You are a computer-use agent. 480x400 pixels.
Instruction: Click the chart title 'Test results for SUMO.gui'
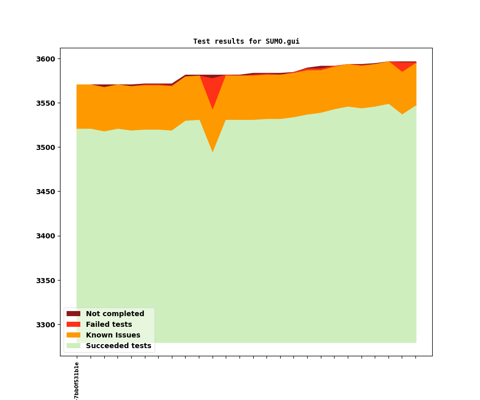(246, 41)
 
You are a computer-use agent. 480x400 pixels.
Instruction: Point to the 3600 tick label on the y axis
(46, 59)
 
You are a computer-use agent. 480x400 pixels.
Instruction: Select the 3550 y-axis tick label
(46, 103)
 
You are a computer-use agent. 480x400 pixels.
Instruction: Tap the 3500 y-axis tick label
(46, 147)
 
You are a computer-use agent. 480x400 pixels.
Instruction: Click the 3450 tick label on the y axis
(46, 192)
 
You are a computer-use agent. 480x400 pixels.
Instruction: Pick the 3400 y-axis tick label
(46, 236)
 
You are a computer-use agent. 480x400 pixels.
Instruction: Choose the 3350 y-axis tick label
(46, 281)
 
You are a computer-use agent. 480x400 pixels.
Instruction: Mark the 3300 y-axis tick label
(46, 325)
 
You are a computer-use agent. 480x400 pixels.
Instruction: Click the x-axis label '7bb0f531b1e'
(77, 380)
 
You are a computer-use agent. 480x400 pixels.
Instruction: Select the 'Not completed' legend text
(115, 314)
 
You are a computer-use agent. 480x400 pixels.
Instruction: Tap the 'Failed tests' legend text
(109, 324)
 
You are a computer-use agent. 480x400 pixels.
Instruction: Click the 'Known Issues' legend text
(113, 335)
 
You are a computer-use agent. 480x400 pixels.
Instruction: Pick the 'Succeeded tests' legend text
(118, 346)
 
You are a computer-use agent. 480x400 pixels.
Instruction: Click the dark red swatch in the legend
(73, 314)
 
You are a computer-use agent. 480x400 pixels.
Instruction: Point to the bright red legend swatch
(73, 324)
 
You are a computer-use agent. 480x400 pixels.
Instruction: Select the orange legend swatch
(73, 335)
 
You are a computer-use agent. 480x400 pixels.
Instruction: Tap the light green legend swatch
(73, 346)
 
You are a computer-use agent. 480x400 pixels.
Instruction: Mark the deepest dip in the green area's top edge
(213, 152)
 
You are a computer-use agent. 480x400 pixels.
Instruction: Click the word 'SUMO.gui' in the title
(282, 41)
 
